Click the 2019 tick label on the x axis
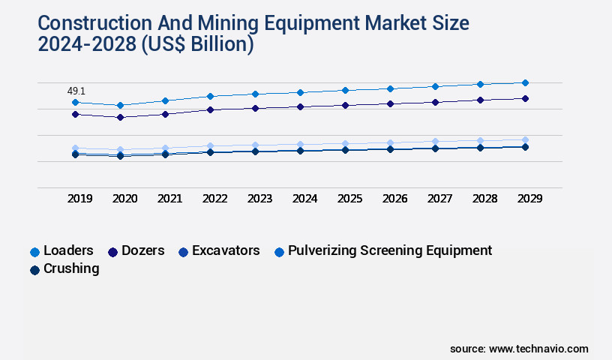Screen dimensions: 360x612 (79, 199)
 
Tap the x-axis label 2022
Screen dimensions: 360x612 (214, 199)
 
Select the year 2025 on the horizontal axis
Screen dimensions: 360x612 (349, 199)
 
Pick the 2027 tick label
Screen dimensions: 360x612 (439, 199)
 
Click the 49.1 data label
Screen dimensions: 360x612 (76, 91)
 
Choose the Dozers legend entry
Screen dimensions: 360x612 (136, 251)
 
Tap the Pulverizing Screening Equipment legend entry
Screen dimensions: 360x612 (382, 251)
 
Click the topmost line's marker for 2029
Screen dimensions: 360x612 (525, 82)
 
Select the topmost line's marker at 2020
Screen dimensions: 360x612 (120, 105)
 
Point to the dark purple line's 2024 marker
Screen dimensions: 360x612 (300, 106)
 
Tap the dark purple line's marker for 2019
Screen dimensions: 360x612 (75, 114)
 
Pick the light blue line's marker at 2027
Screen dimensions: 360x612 (435, 141)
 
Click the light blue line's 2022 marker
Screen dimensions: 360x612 (210, 145)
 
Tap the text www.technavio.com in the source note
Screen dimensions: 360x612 (538, 349)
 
